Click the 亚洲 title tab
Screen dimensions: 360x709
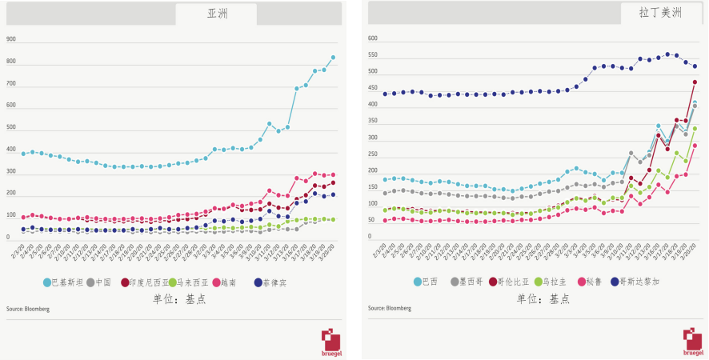[x=216, y=14]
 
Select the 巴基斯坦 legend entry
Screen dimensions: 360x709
[x=61, y=282]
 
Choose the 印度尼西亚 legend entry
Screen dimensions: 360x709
[x=143, y=282]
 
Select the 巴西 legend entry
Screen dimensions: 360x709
[x=426, y=282]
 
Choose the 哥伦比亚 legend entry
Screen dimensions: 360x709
[x=511, y=282]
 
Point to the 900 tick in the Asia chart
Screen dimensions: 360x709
[x=11, y=39]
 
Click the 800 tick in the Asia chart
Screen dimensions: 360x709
[x=11, y=62]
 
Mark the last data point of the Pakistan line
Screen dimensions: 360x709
[x=333, y=58]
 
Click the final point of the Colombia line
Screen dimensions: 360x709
[x=695, y=82]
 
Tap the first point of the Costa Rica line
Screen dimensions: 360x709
[x=385, y=94]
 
